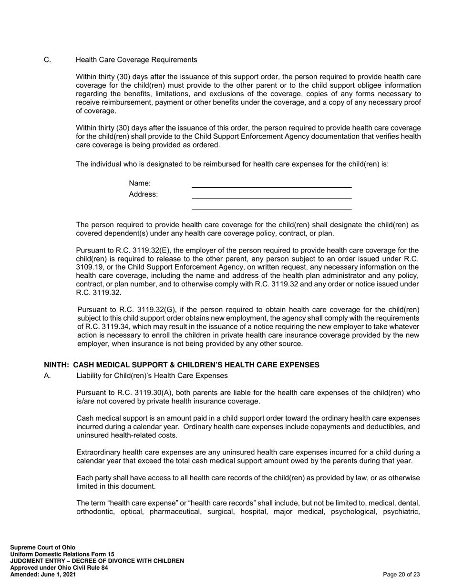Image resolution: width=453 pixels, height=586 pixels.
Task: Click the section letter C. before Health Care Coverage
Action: [x=47, y=60]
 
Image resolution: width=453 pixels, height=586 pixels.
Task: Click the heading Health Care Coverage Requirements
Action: [x=136, y=60]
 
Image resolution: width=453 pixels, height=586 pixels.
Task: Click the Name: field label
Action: [x=140, y=183]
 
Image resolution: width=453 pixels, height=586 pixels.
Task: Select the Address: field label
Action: [x=143, y=194]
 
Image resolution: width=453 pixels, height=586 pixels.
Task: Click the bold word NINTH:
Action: [x=57, y=365]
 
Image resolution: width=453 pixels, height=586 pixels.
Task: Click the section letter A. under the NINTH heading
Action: [x=47, y=375]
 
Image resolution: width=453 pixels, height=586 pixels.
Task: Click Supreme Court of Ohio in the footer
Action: [x=42, y=547]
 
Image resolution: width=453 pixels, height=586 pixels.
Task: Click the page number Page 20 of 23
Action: [x=402, y=575]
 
